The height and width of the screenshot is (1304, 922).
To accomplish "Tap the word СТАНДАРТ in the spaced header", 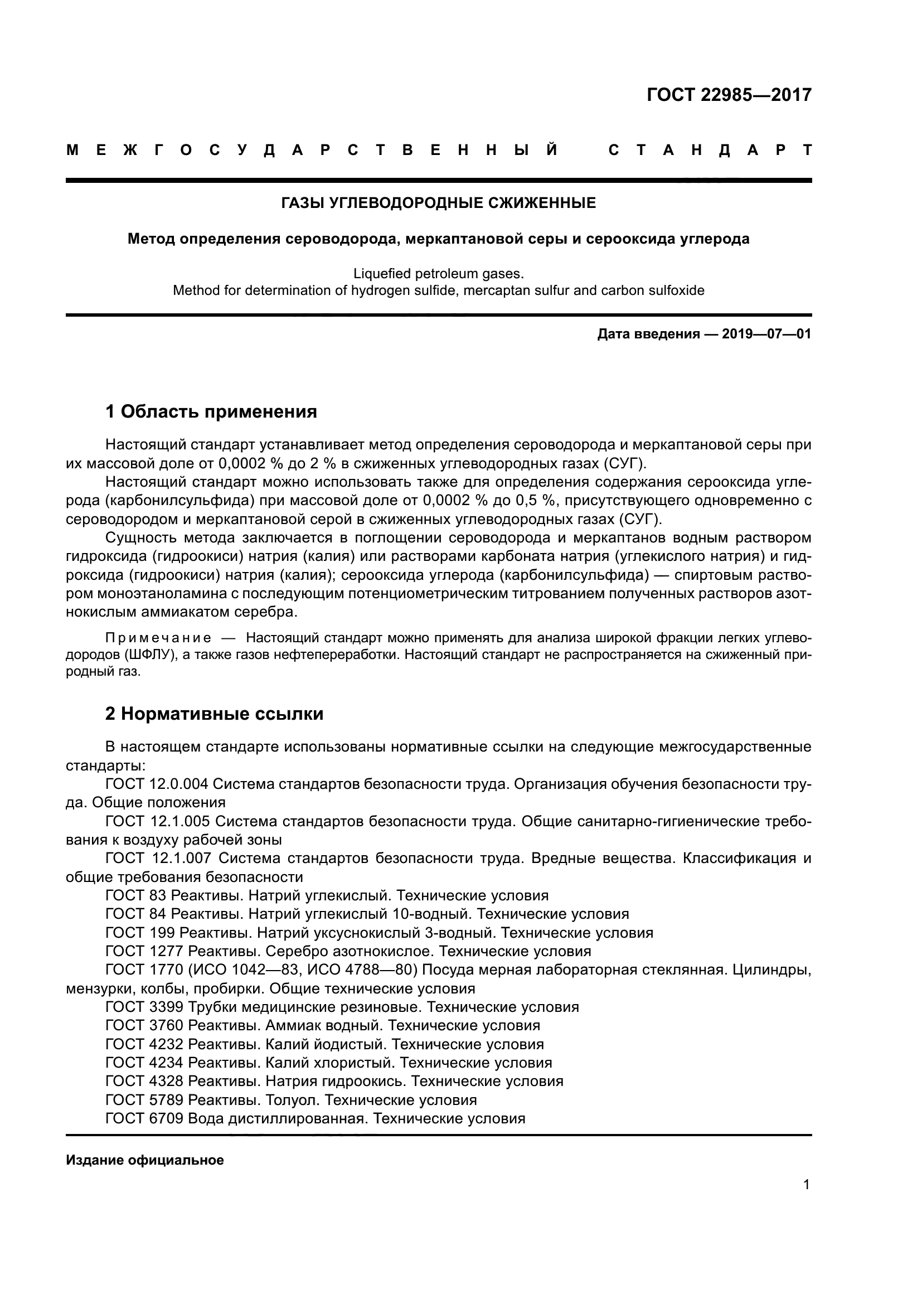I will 710,151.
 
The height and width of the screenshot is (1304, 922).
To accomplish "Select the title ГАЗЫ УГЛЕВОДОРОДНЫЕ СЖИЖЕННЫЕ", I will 438,203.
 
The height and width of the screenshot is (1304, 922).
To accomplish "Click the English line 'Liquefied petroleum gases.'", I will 438,274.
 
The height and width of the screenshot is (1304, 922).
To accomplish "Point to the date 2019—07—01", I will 766,334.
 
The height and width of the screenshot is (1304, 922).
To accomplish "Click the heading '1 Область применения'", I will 211,411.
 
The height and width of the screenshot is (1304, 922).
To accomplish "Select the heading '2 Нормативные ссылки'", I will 214,714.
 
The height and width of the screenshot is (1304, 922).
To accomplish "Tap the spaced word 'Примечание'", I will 158,638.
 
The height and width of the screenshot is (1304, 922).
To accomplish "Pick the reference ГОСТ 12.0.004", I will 157,784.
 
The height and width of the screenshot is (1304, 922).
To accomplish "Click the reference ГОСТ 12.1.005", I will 158,821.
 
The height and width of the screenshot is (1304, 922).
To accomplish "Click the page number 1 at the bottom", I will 807,1184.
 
